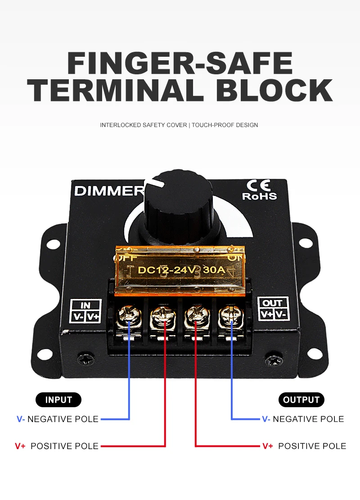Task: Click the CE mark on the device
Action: pyautogui.click(x=259, y=186)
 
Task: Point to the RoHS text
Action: pyautogui.click(x=260, y=196)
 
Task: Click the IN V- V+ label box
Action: pyautogui.click(x=85, y=311)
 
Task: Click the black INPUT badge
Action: pyautogui.click(x=58, y=400)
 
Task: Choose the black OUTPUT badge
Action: pyautogui.click(x=301, y=400)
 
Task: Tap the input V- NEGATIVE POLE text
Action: pyautogui.click(x=58, y=419)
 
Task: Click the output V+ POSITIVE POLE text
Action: pyautogui.click(x=304, y=446)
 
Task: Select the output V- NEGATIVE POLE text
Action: pyautogui.click(x=303, y=419)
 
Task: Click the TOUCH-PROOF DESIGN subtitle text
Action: pyautogui.click(x=225, y=125)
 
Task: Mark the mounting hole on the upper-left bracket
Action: pyautogui.click(x=54, y=244)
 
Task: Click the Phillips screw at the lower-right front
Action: pyautogui.click(x=273, y=360)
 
